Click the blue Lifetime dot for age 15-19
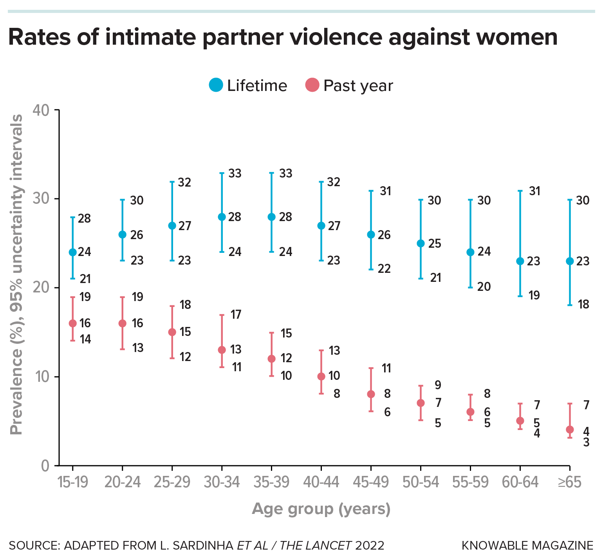click(72, 252)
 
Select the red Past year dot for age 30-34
click(222, 350)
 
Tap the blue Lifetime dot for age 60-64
click(520, 261)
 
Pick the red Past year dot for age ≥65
click(570, 430)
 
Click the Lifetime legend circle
click(216, 85)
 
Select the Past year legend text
click(358, 85)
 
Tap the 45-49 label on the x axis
click(371, 482)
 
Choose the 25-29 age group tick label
click(172, 482)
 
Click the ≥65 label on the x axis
click(570, 482)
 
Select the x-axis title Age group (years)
click(321, 509)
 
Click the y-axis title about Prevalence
click(16, 274)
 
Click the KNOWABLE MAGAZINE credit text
click(527, 545)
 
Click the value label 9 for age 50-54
click(438, 385)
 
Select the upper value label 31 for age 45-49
click(386, 191)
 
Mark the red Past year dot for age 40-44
click(321, 376)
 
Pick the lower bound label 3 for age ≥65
click(586, 443)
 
